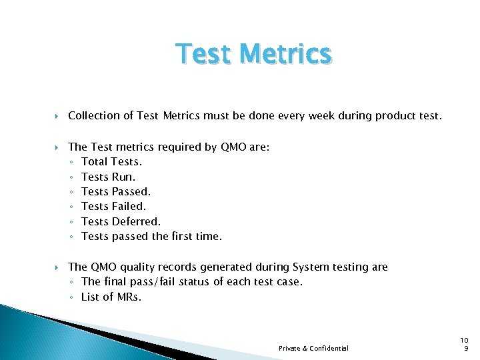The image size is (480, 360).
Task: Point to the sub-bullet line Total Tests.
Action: tap(111, 162)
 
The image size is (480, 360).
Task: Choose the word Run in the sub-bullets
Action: tap(123, 177)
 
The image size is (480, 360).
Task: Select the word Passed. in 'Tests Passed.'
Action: tap(131, 192)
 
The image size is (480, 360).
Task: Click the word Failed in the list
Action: tap(129, 207)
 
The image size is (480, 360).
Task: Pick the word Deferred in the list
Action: tap(136, 221)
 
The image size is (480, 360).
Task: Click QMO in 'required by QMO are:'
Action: tap(233, 147)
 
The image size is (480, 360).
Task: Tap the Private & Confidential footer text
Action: tap(313, 349)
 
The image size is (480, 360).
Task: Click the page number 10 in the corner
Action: tap(465, 340)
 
